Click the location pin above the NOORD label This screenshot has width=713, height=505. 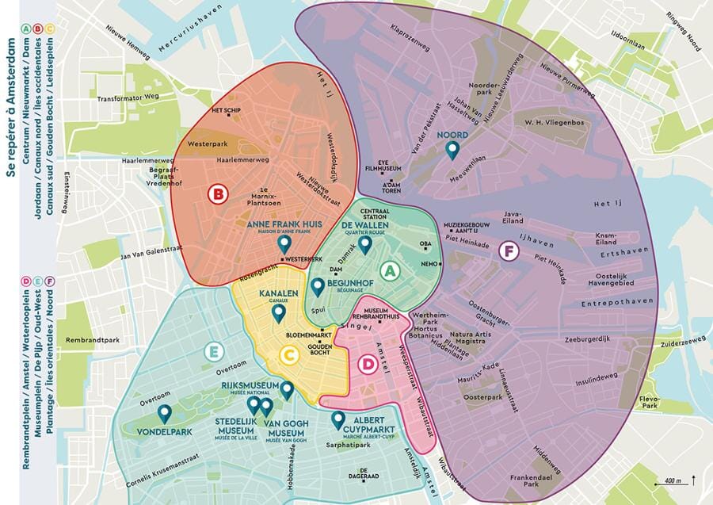click(453, 150)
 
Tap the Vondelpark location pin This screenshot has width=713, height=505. click(165, 413)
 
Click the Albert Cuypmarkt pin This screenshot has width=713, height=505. click(338, 419)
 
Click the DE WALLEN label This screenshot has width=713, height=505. click(362, 225)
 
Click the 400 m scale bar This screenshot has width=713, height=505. click(674, 482)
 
